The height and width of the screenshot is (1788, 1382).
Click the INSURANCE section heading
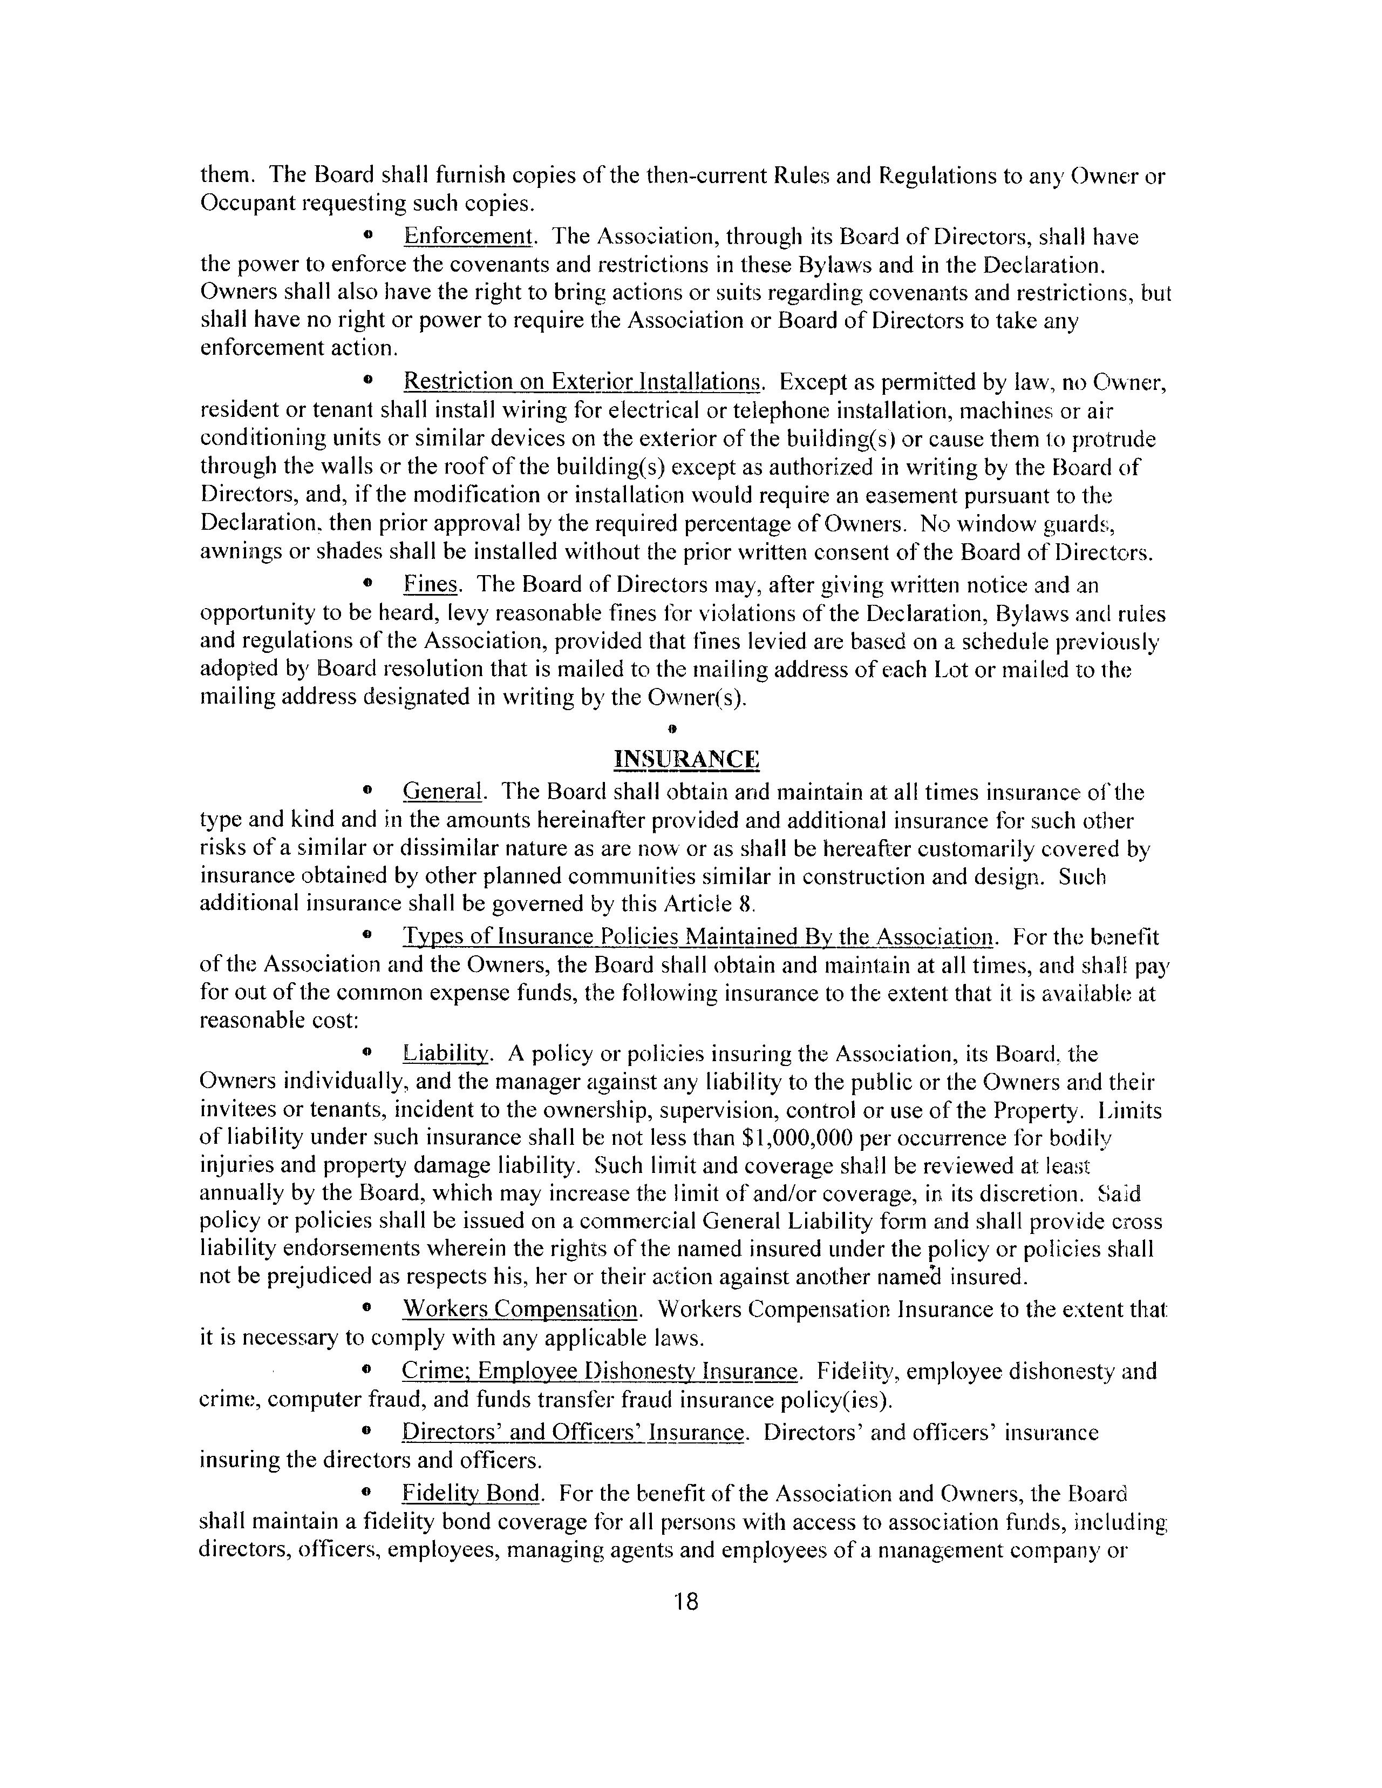click(686, 760)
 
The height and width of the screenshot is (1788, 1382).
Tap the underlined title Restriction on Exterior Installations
click(583, 382)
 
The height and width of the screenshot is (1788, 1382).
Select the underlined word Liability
click(446, 1054)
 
